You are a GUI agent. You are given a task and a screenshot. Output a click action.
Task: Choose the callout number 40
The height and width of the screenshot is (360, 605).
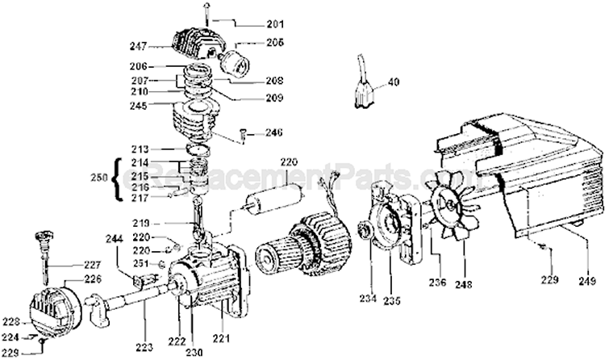393,82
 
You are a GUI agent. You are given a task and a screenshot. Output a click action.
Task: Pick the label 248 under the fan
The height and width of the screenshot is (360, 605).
466,283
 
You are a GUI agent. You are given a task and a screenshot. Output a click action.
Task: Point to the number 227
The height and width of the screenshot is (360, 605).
94,265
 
